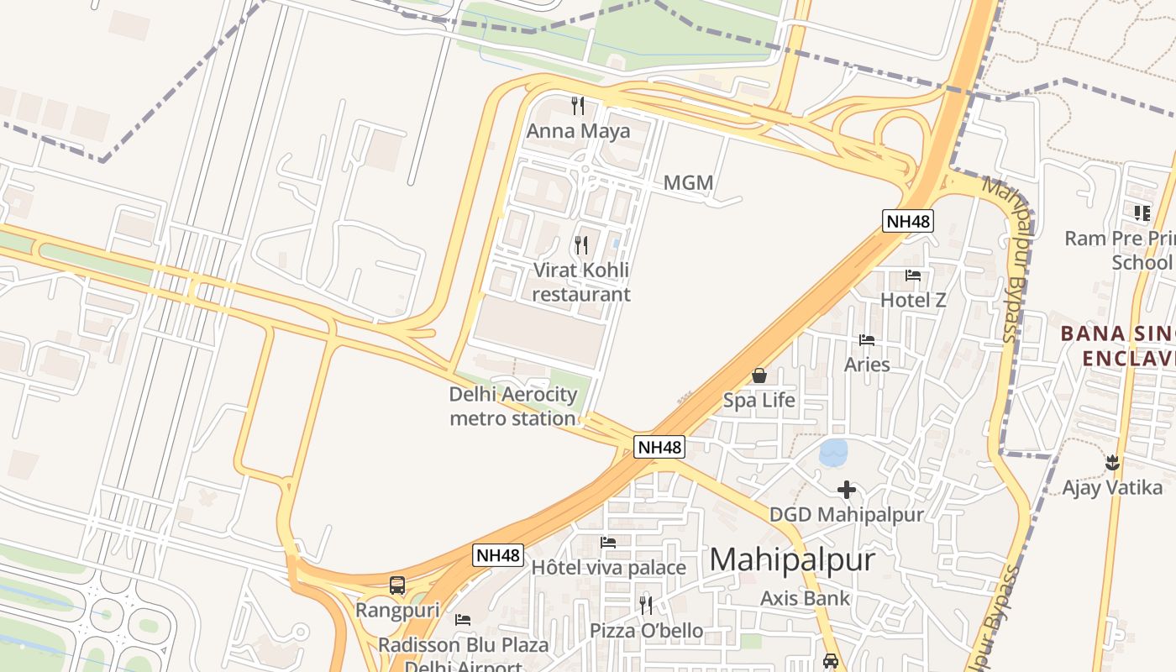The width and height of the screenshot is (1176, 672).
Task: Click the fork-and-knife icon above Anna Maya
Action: tap(578, 105)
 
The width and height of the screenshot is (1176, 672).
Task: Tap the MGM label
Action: tap(688, 182)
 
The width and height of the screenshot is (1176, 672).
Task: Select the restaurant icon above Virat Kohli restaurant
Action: tap(580, 244)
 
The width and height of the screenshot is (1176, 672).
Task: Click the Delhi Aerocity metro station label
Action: tap(513, 407)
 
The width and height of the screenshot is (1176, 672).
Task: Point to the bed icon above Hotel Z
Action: tap(913, 275)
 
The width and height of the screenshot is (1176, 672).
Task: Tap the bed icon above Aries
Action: tap(867, 339)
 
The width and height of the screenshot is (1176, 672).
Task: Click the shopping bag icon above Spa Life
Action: tap(759, 375)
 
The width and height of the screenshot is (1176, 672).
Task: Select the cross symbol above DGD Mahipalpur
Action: tap(847, 489)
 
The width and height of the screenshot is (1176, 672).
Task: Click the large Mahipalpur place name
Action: tap(792, 559)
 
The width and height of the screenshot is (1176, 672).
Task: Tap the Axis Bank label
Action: tap(805, 598)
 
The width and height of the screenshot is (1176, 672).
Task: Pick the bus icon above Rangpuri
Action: tap(397, 585)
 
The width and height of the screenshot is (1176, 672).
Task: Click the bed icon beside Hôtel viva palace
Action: tap(608, 543)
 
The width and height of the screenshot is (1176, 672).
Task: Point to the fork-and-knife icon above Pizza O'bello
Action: tap(646, 605)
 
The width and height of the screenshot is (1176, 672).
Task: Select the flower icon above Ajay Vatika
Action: tap(1112, 462)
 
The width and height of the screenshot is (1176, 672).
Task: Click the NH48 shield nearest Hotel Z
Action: tap(908, 221)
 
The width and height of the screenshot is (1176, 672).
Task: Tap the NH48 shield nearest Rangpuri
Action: tap(498, 555)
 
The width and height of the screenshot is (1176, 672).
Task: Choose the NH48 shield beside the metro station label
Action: tap(659, 447)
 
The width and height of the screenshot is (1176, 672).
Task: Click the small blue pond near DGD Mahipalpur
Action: tap(833, 453)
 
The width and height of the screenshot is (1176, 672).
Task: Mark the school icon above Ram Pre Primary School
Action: tap(1142, 213)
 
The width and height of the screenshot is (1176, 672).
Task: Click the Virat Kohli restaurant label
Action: tap(580, 282)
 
